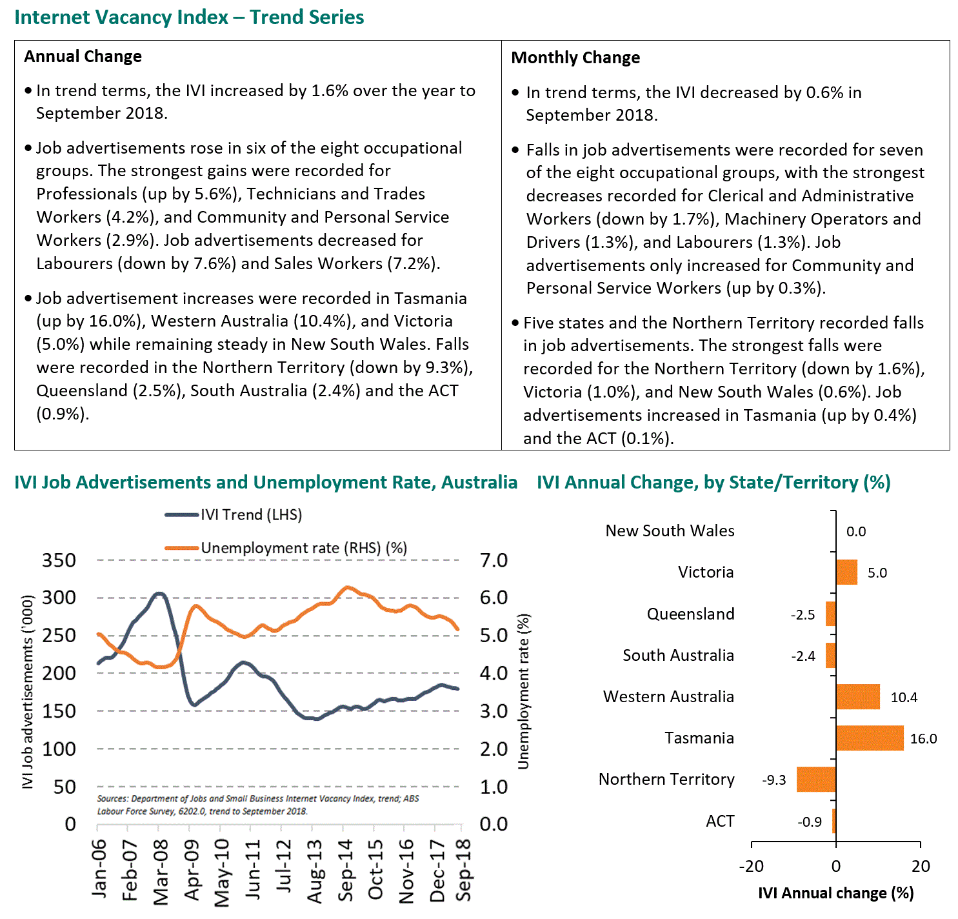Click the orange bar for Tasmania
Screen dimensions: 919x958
click(x=870, y=738)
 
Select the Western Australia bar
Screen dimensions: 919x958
click(x=857, y=697)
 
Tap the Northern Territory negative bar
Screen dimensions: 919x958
click(x=816, y=780)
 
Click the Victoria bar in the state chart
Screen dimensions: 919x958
click(x=846, y=572)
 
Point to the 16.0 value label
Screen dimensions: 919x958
click(x=923, y=739)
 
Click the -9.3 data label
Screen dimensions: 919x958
click(x=774, y=780)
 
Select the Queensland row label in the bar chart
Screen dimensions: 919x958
click(x=690, y=614)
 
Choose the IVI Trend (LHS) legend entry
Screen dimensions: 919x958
click(x=251, y=514)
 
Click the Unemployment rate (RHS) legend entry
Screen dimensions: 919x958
click(x=303, y=548)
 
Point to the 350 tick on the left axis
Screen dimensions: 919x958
click(x=59, y=560)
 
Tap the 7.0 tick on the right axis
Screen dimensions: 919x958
click(x=494, y=560)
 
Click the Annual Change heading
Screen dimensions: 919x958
click(x=83, y=57)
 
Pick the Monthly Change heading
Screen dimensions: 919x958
click(x=575, y=58)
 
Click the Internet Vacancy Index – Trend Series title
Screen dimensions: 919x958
click(x=189, y=17)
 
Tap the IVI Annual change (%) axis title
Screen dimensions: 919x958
click(x=835, y=893)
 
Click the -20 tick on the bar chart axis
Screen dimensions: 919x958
click(x=751, y=866)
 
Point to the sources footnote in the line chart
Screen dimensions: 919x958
click(x=258, y=805)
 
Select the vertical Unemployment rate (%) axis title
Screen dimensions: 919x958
click(x=523, y=691)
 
